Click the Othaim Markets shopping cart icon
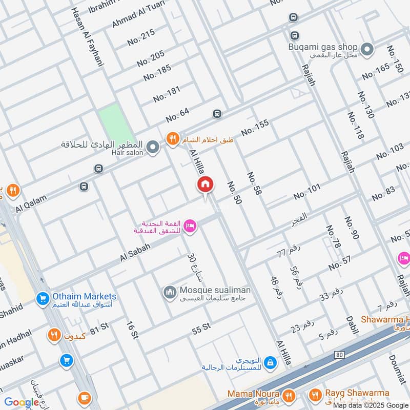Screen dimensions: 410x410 point(43,298)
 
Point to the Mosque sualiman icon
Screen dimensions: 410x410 point(170,293)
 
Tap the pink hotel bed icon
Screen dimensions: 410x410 point(190,226)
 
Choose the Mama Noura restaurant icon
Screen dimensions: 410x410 point(289,396)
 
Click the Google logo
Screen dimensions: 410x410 point(22,402)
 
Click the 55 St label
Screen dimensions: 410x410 point(201,329)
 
